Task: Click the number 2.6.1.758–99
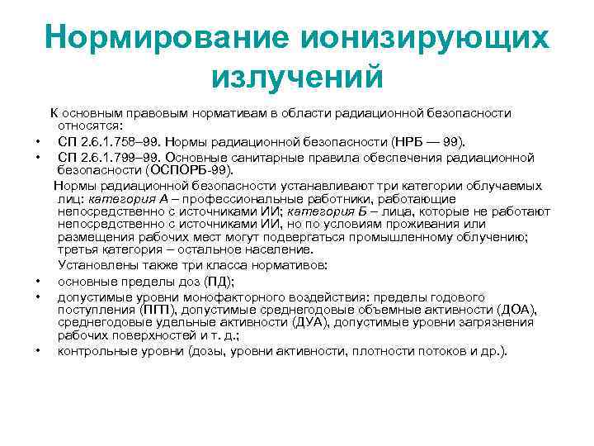[119, 141]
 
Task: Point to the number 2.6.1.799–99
[119, 157]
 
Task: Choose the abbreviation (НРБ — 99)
[423, 141]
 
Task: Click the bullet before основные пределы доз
[38, 281]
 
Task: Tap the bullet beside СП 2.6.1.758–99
[38, 142]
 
